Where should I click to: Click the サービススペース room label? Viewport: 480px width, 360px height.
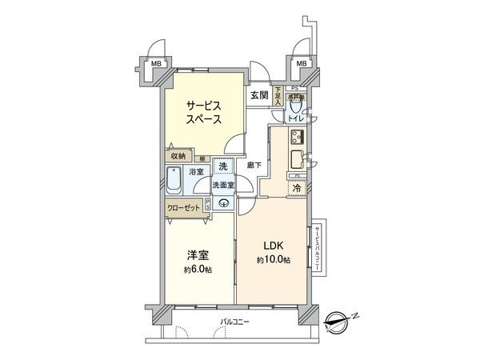[x=205, y=111]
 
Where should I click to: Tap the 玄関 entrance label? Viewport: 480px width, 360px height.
[x=258, y=95]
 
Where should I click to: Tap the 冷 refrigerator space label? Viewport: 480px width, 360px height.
[x=296, y=188]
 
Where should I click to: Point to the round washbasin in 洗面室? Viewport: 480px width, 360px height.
[x=225, y=202]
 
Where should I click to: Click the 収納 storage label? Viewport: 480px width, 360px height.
[x=178, y=155]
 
